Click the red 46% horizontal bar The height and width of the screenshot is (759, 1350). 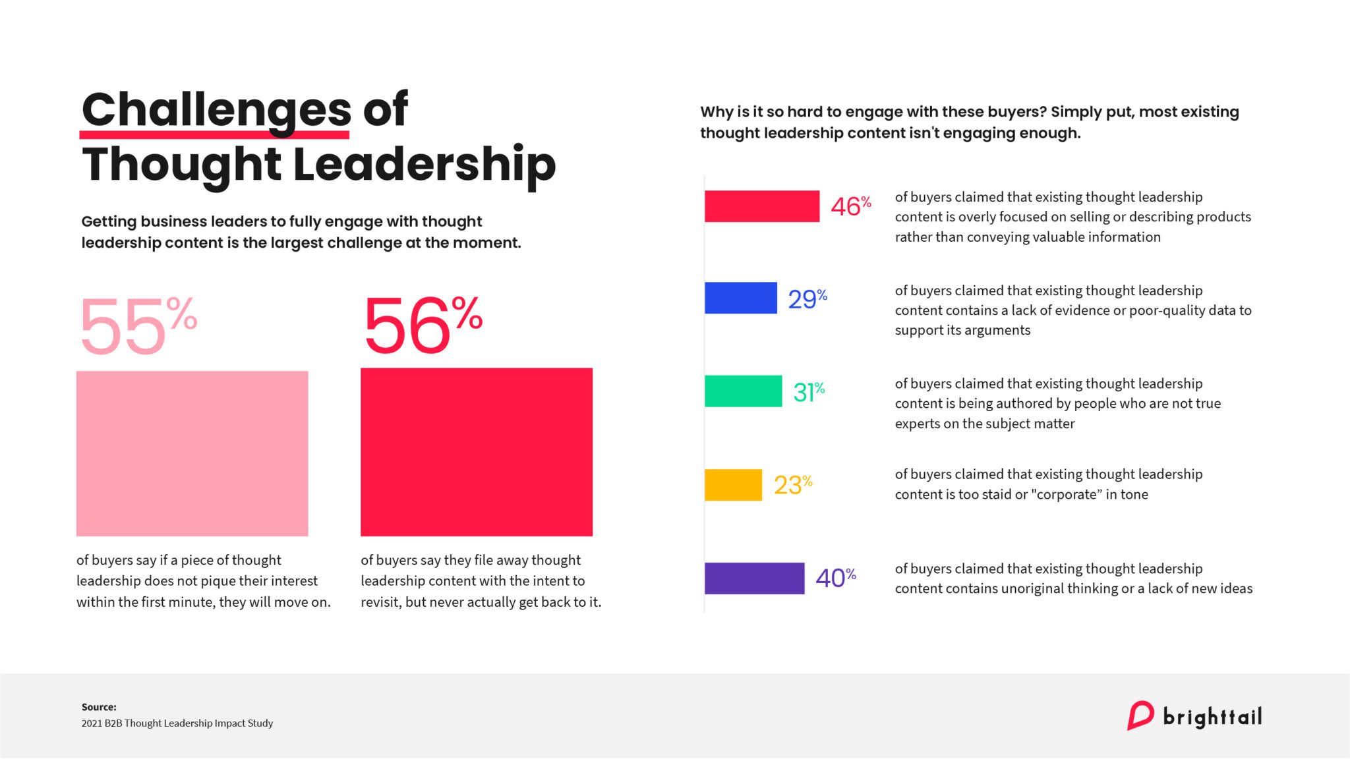[x=761, y=206]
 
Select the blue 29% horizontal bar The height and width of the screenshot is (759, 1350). [x=740, y=298]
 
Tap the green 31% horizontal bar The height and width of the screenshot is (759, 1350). [x=743, y=391]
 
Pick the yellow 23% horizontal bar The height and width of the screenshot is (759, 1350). [x=733, y=485]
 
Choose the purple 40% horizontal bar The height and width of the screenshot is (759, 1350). [x=754, y=578]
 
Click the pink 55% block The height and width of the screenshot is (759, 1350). [x=192, y=453]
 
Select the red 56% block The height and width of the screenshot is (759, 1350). [x=476, y=452]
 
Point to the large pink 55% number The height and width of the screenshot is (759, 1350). [x=137, y=326]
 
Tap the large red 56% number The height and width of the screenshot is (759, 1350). [x=422, y=325]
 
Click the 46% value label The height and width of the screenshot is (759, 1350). [x=850, y=206]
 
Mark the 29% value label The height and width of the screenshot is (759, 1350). [x=807, y=299]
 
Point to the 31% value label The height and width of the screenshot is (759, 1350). [x=809, y=392]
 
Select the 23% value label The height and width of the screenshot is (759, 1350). [x=792, y=485]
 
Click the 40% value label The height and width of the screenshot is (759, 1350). [x=835, y=578]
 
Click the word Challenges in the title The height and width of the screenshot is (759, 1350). [x=216, y=111]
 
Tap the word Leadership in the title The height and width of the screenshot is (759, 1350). [x=424, y=165]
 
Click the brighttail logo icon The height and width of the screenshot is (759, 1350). [x=1140, y=716]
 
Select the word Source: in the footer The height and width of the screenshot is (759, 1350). [x=99, y=707]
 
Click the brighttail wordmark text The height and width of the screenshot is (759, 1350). [x=1212, y=717]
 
